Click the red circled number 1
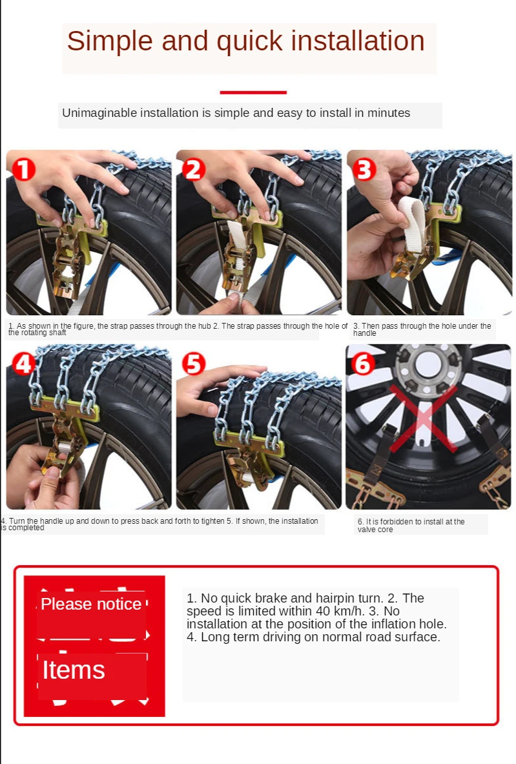click(24, 170)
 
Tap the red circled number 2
click(194, 170)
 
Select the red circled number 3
click(364, 170)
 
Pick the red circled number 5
click(194, 364)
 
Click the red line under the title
click(253, 92)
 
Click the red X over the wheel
click(424, 418)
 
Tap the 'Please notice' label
click(91, 604)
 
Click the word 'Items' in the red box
click(74, 670)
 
